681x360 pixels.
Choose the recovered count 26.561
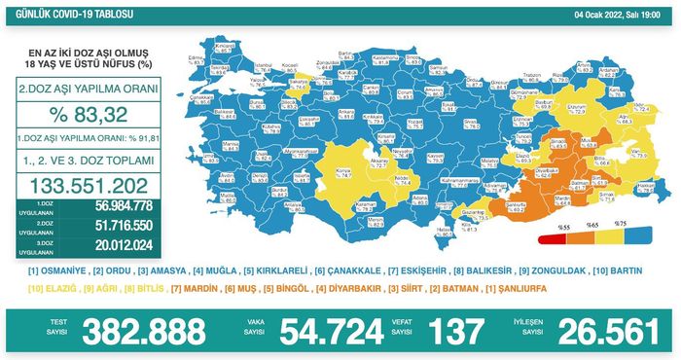coord(604,333)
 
